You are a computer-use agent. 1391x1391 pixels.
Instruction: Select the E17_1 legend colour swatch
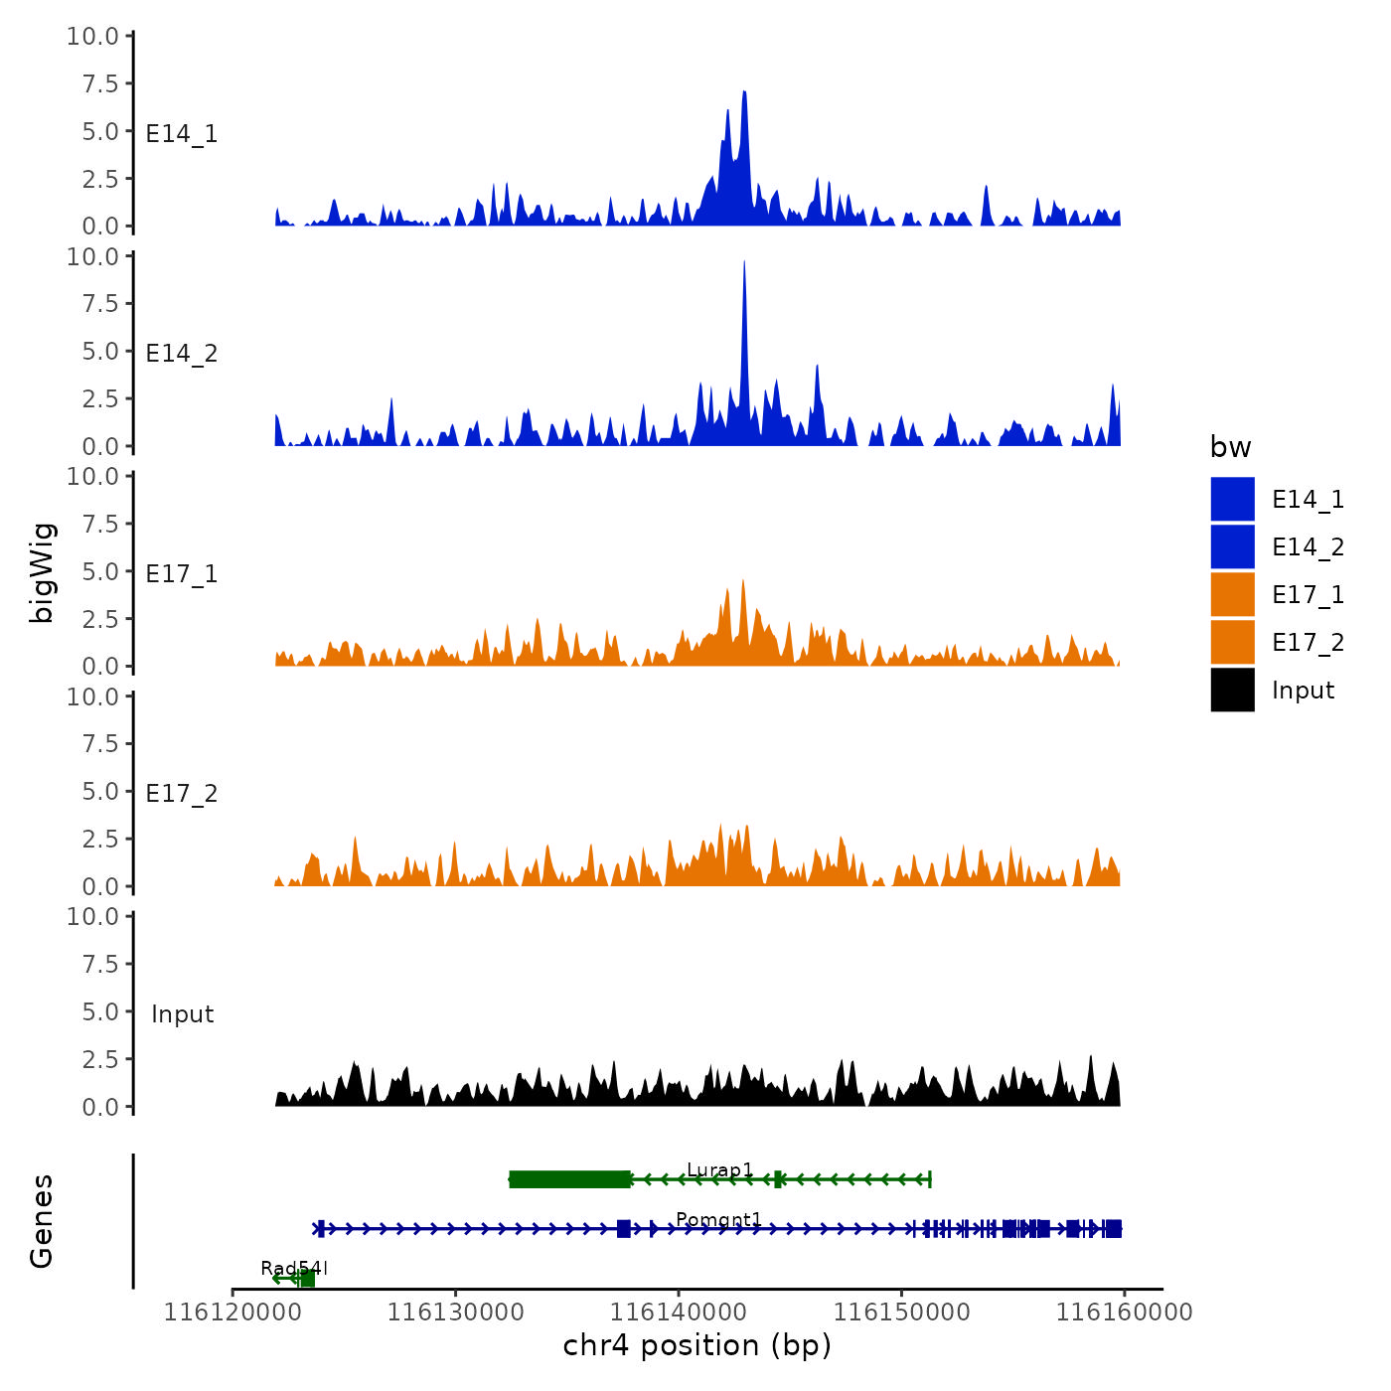coord(1232,594)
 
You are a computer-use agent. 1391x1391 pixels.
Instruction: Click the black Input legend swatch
coord(1232,690)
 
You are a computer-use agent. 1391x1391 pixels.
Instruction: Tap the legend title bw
coord(1230,447)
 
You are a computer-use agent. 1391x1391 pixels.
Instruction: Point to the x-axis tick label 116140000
coord(679,1312)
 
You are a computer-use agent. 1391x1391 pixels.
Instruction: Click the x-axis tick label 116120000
coord(232,1312)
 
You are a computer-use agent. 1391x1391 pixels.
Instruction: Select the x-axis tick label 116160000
coord(1124,1312)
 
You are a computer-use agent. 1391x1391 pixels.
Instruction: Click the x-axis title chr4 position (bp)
coord(696,1345)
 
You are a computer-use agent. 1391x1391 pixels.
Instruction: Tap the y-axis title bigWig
coord(43,572)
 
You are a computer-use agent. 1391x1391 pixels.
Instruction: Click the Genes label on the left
coord(42,1221)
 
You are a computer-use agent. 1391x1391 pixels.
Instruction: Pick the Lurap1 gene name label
coord(719,1169)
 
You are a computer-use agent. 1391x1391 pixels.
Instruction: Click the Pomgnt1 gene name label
coord(718,1219)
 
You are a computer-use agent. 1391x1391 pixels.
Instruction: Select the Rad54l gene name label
coord(294,1268)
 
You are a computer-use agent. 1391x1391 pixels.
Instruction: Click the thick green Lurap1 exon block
coord(569,1179)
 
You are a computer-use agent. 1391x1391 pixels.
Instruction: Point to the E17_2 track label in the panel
coord(182,793)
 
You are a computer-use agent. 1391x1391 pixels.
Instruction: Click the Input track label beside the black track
coord(183,1013)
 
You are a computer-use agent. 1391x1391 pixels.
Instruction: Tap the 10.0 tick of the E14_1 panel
coord(92,37)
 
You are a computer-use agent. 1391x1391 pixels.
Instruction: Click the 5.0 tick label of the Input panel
coord(100,1011)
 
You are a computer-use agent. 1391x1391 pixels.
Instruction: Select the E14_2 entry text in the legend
coord(1308,547)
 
